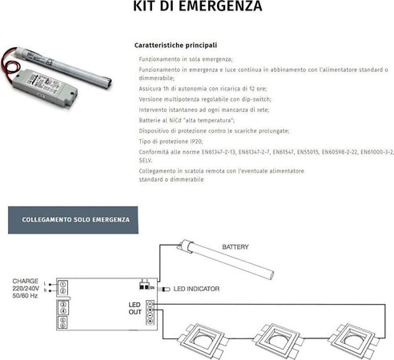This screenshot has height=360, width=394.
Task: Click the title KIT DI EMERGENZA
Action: tap(196, 9)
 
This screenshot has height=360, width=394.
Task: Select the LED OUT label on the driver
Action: tap(135, 309)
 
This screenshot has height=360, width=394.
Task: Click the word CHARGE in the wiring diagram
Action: tap(25, 282)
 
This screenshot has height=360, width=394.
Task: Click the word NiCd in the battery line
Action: tap(173, 119)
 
